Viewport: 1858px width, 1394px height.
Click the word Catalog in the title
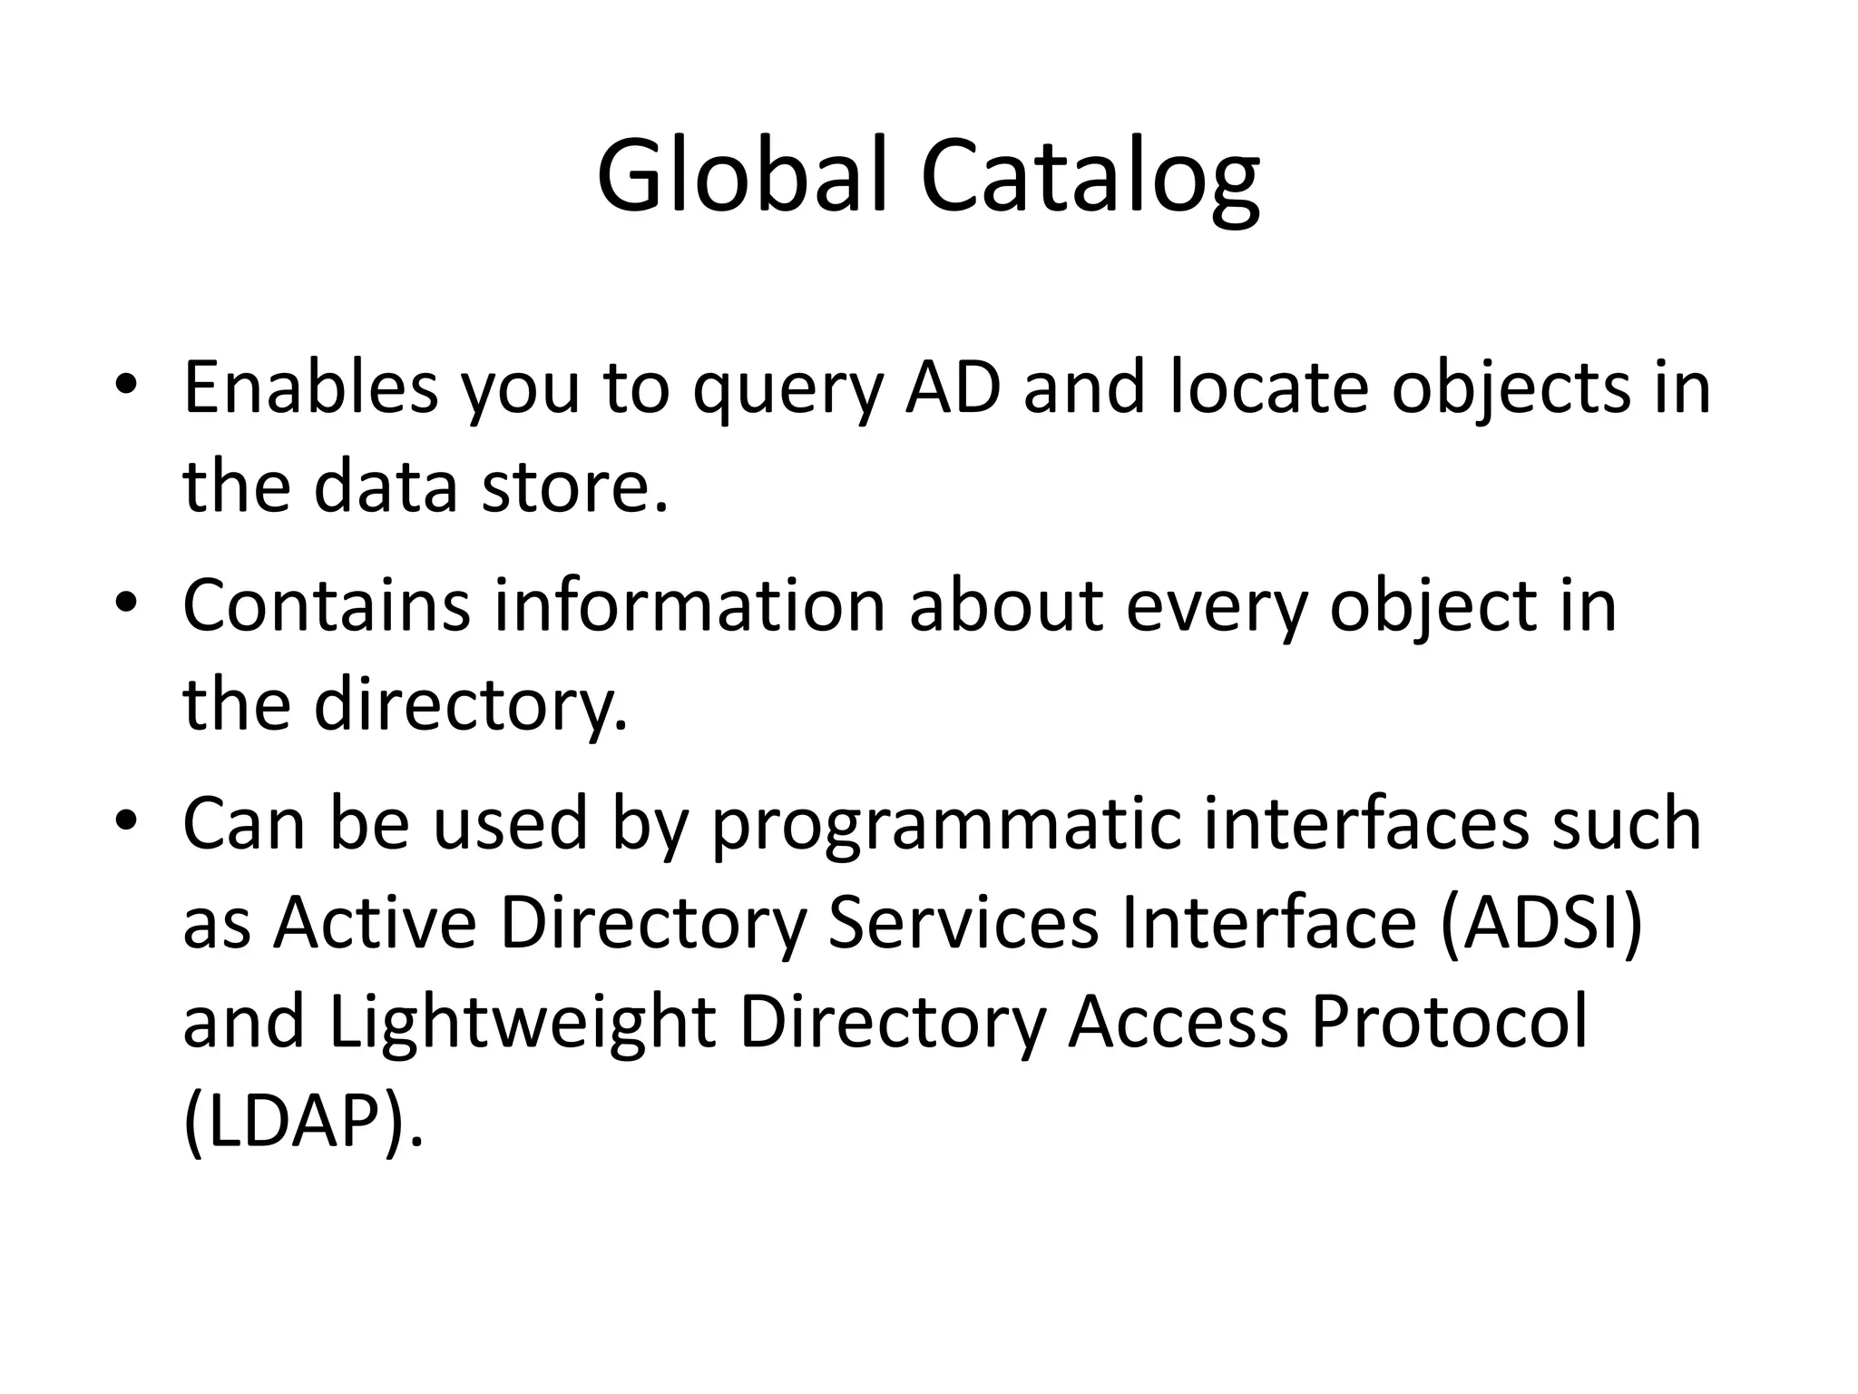pyautogui.click(x=1089, y=177)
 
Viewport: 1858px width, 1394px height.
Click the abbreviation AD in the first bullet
pyautogui.click(x=953, y=388)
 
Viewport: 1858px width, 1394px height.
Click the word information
pyautogui.click(x=689, y=605)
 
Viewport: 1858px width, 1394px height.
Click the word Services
pyautogui.click(x=963, y=922)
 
